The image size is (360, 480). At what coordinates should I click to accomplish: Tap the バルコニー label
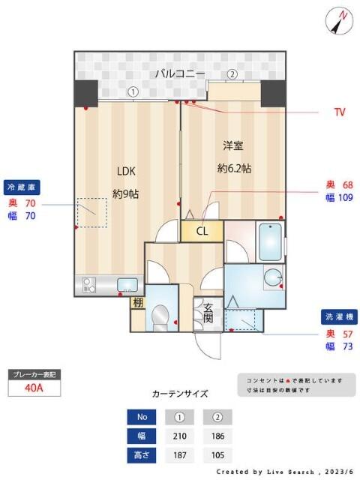pos(180,73)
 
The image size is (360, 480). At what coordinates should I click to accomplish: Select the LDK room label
pos(124,169)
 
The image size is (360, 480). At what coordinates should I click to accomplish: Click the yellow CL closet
pos(202,231)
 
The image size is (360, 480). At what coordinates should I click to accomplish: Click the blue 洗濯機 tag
pos(340,316)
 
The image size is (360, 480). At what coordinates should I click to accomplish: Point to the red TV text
pos(340,112)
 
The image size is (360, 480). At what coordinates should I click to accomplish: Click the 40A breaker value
pos(34,388)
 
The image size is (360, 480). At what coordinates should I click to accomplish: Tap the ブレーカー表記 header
pos(34,373)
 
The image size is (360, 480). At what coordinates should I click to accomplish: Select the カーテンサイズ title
pos(180,393)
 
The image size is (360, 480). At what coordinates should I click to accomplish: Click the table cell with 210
pos(180,436)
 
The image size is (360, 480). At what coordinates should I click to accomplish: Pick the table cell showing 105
pos(217,454)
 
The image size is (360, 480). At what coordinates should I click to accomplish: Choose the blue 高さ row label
pos(142,454)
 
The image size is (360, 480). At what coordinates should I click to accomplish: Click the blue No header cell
pos(142,418)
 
